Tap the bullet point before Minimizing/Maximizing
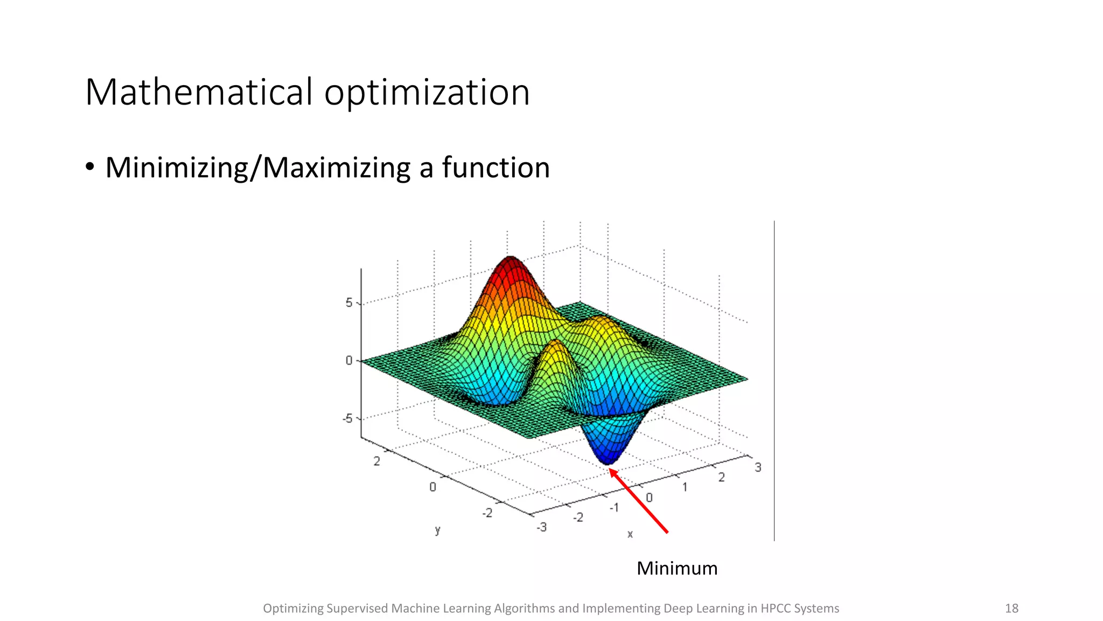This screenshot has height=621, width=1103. coord(90,167)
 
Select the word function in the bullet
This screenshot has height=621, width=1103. coord(495,167)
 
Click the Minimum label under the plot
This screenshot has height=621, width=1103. coord(677,568)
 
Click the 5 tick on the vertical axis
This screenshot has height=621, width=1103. coord(349,302)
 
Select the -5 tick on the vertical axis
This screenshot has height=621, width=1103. coord(347,418)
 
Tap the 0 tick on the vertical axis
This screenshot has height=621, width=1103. coord(349,360)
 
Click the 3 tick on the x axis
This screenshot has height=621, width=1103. coord(758,467)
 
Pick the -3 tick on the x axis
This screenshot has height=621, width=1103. coord(541,527)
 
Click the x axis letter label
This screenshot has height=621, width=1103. coord(630,534)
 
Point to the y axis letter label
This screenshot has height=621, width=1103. coord(437,530)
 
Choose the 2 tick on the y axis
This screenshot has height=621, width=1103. coord(376,461)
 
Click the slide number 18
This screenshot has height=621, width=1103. coord(1011,608)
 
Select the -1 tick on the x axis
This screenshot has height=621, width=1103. coord(614,508)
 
